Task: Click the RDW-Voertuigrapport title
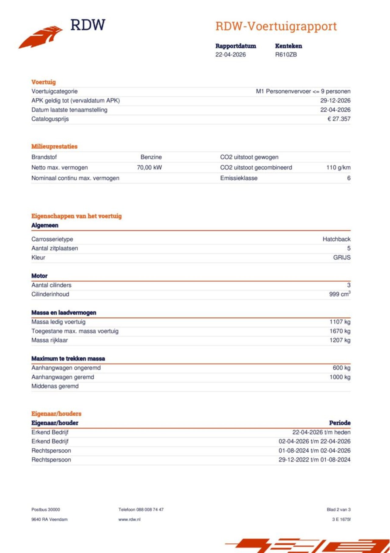tap(276, 26)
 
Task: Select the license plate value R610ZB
tap(286, 55)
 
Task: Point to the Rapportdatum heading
tap(236, 46)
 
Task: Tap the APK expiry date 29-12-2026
tap(335, 100)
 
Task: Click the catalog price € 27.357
tap(339, 119)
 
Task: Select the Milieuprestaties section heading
tap(55, 146)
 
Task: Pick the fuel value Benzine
tap(151, 157)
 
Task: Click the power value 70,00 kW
tap(149, 168)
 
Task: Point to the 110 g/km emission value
tap(338, 168)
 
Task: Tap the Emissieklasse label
tap(239, 178)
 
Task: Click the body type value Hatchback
tap(336, 239)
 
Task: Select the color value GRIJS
tap(342, 258)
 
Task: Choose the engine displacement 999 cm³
tap(340, 294)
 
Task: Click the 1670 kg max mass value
tap(340, 331)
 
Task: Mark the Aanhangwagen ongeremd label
tap(66, 368)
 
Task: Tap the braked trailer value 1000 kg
tap(340, 377)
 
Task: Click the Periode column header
tap(340, 423)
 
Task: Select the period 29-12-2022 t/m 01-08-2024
tap(314, 460)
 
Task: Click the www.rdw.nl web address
tap(129, 519)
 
